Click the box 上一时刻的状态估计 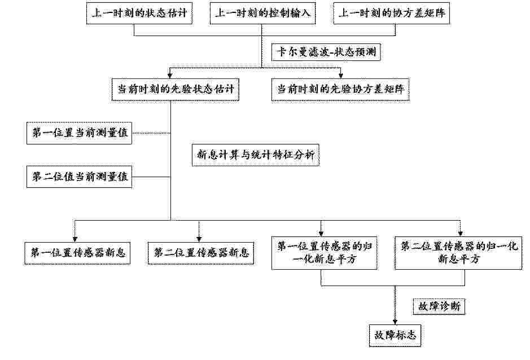click(139, 13)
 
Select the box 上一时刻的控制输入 click(262, 13)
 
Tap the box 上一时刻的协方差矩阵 click(391, 13)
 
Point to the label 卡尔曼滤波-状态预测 click(326, 52)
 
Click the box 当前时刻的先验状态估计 click(176, 90)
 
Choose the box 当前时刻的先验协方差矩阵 click(340, 90)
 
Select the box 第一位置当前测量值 click(79, 133)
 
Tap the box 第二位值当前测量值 click(79, 177)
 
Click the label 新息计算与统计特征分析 click(256, 155)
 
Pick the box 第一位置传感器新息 click(77, 253)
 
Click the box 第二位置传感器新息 click(201, 253)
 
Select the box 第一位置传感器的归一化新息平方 click(324, 253)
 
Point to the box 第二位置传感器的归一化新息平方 click(458, 253)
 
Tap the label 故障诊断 click(439, 306)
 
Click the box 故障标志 click(395, 336)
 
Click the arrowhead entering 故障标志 click(395, 322)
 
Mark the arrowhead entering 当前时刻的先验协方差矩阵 click(341, 76)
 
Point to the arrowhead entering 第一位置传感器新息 click(75, 239)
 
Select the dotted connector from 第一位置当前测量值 click(151, 133)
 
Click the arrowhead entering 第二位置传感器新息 click(199, 239)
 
